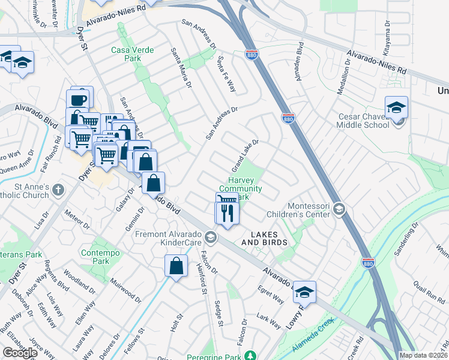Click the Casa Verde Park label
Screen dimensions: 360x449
(x=126, y=55)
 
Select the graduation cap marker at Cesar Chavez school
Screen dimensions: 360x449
(x=397, y=108)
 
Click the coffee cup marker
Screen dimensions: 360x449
(x=78, y=98)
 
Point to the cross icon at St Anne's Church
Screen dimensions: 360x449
(x=58, y=191)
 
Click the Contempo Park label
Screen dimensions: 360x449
(x=95, y=257)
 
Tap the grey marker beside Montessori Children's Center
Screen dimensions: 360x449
(x=339, y=208)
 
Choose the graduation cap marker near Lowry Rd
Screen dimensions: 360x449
(x=305, y=292)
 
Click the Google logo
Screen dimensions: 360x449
(x=20, y=353)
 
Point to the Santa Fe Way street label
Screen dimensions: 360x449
(x=226, y=74)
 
